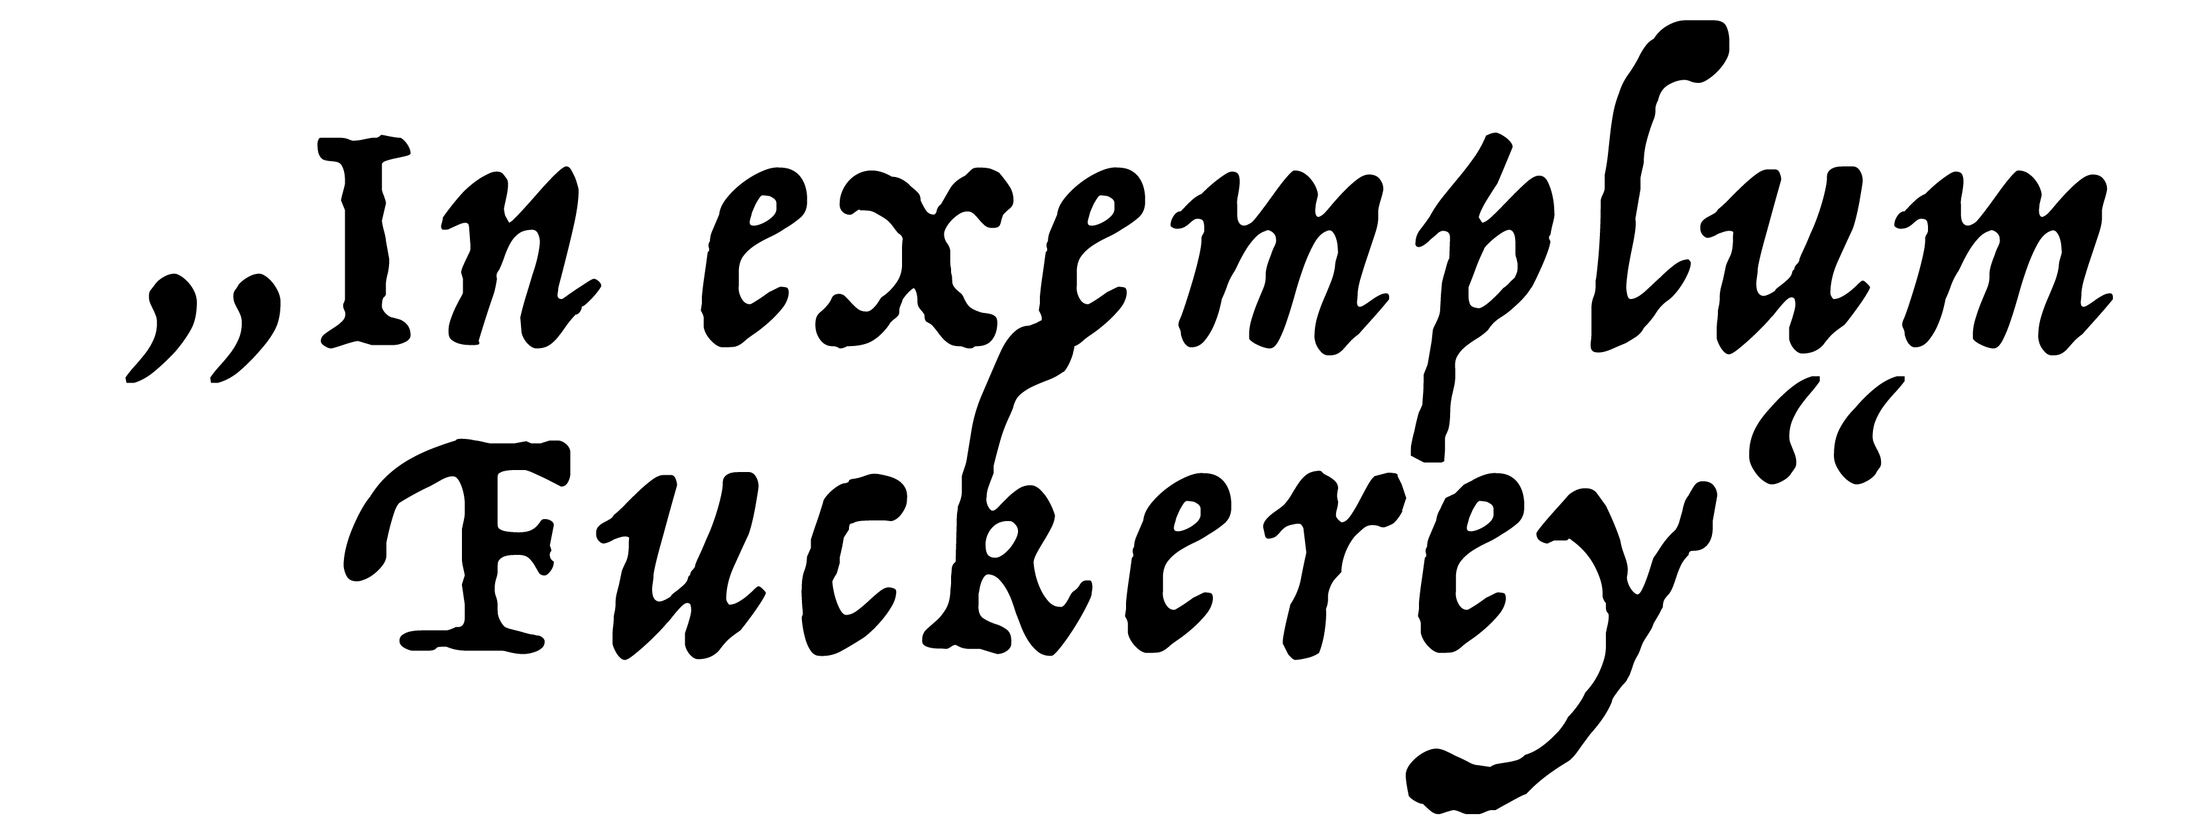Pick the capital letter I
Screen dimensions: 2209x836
[x=365, y=245]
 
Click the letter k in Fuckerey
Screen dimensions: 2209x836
[x=986, y=549]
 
